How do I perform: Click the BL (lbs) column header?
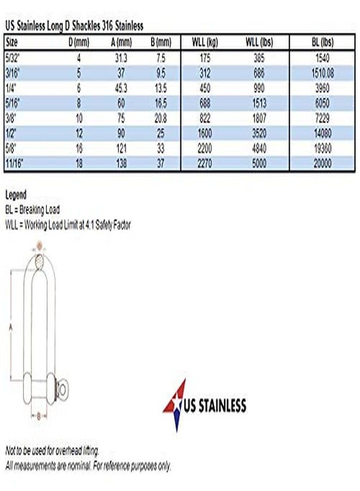[322, 42]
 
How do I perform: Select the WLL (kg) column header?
[205, 42]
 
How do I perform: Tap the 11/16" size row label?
[14, 163]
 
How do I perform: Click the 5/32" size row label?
[13, 58]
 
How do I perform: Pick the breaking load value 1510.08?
[322, 73]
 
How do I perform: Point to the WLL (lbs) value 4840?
[259, 148]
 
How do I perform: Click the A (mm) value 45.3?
[121, 88]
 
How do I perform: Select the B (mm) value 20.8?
[160, 118]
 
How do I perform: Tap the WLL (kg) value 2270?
[205, 163]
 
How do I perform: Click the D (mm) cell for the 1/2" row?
[79, 134]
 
